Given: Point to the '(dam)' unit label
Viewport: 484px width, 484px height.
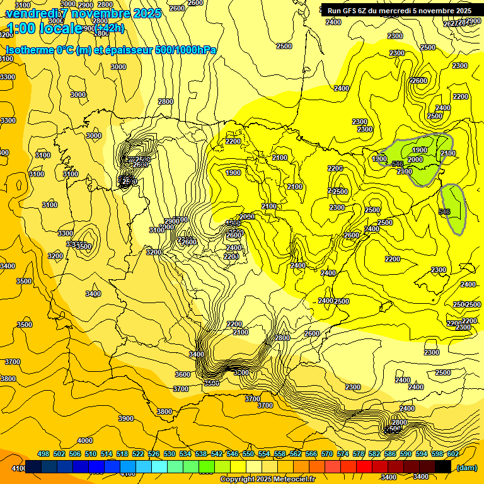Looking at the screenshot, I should [466, 468].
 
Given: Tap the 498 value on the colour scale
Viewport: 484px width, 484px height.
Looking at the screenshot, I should [43, 454].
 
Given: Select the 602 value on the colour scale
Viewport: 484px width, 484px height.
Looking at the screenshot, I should [452, 454].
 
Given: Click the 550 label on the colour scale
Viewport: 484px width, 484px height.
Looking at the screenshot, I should [248, 454].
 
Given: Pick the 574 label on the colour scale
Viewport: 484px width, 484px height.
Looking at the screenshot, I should [343, 454].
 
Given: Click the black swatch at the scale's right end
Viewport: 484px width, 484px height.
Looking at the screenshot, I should [443, 467].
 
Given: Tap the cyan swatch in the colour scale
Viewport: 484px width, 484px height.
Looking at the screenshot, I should [159, 467].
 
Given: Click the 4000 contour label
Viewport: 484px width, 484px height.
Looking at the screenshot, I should [84, 441].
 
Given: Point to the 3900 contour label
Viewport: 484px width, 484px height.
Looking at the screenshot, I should [126, 418].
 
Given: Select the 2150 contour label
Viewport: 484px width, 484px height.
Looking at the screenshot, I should [447, 154].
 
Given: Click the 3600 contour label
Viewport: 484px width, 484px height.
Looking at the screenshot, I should [183, 374].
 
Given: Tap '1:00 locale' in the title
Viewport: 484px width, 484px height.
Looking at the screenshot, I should [44, 28].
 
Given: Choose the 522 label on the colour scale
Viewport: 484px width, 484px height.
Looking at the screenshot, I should [138, 454].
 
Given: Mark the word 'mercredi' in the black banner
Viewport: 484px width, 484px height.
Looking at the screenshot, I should [395, 11].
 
